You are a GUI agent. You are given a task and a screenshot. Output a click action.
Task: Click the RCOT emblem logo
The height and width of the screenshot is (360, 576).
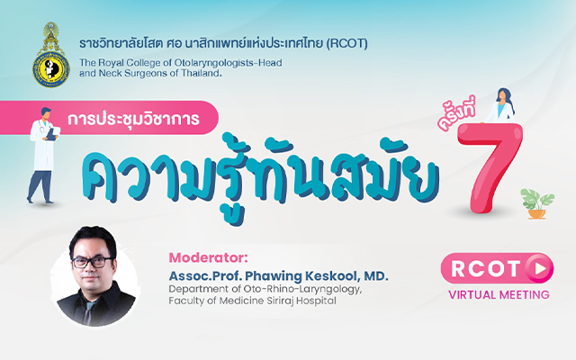(50, 55)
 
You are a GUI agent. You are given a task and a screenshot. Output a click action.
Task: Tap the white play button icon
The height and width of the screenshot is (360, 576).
(540, 269)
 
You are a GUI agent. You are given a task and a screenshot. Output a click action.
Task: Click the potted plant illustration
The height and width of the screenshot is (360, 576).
(537, 204)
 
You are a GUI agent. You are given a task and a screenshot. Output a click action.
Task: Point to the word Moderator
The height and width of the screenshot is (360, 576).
(208, 257)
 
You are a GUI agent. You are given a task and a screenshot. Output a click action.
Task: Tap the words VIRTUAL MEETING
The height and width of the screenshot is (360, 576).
(499, 294)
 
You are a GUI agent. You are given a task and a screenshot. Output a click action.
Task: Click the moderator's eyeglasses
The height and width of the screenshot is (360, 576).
(92, 262)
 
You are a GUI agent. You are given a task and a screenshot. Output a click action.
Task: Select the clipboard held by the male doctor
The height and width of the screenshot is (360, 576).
(54, 133)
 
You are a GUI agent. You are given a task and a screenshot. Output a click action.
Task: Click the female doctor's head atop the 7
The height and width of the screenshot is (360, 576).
(502, 96)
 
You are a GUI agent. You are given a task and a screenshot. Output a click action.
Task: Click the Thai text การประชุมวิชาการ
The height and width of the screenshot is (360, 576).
(133, 119)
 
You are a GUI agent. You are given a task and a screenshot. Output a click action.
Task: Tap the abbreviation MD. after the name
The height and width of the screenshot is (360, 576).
(376, 276)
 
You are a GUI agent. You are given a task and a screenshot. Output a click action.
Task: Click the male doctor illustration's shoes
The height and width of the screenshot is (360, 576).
(40, 201)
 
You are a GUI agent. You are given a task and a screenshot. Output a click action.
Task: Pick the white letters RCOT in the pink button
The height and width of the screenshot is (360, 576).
(486, 268)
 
